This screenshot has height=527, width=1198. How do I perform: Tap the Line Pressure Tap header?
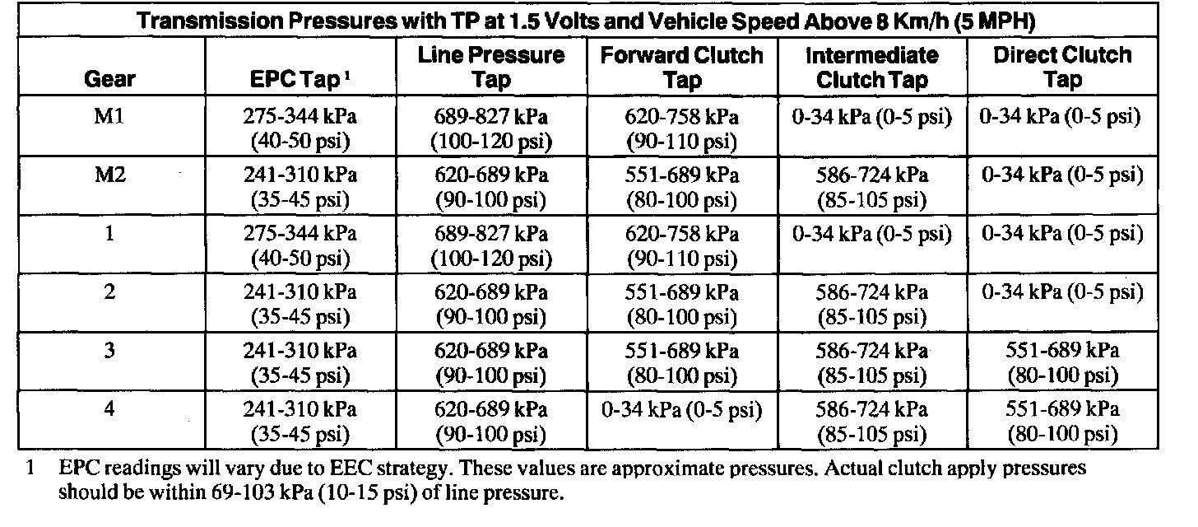coord(492,68)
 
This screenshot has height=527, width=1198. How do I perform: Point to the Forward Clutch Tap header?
coord(682,68)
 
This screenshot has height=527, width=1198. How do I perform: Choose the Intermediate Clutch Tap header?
coord(872,68)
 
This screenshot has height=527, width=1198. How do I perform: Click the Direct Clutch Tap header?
coord(1062,68)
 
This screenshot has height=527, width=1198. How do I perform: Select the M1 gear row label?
coord(109,117)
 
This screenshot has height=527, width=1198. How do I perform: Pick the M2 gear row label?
coord(109,175)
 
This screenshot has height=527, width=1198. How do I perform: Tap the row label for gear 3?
coord(109,351)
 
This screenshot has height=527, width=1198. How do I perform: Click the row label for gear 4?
coord(109,409)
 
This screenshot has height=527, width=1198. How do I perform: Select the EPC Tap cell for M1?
coord(299,129)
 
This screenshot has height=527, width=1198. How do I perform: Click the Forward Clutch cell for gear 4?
coord(682,409)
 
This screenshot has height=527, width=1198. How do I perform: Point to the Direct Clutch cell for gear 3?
coord(1062,363)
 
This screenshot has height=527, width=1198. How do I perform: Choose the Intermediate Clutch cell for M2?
coord(872,188)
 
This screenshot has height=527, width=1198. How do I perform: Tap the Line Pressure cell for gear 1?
coord(492,246)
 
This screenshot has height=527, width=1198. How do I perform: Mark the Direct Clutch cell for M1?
coord(1062,117)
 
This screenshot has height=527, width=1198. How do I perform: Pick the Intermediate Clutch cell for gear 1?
coord(872,234)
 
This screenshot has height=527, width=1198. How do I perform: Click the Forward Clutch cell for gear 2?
coord(682,305)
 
